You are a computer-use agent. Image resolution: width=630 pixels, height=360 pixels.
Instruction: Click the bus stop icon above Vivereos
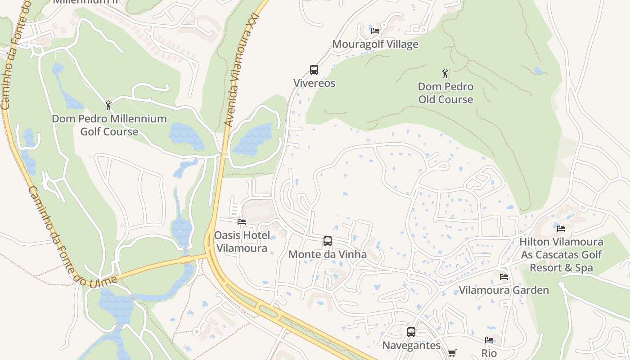pos(314,70)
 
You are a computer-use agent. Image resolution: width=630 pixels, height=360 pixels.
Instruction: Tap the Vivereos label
pos(314,83)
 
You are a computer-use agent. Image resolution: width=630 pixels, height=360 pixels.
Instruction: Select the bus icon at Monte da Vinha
pos(328,241)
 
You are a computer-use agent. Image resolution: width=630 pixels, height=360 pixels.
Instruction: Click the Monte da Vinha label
pos(327,255)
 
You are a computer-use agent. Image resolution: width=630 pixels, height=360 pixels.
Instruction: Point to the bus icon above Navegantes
pos(411,332)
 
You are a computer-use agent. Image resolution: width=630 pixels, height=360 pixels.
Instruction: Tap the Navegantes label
pos(411,346)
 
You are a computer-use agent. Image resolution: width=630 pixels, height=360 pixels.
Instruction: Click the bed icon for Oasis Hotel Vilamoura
pos(242,222)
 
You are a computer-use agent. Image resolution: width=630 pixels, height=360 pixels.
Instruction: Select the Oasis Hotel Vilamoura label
pos(242,242)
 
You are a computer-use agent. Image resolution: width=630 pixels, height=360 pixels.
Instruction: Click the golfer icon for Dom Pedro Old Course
pos(445,73)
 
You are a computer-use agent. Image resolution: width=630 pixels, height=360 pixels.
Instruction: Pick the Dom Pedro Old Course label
pos(445,93)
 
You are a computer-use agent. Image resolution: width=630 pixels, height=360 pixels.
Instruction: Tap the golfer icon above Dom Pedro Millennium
pos(108,105)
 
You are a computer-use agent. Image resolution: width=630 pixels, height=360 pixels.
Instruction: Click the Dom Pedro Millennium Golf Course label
pos(109,125)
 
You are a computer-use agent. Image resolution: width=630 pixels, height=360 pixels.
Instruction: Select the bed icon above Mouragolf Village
pos(375,31)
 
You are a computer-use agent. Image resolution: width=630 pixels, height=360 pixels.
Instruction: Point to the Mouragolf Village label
pos(375,45)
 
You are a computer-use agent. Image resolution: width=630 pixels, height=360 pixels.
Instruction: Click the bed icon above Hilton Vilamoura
pos(561,228)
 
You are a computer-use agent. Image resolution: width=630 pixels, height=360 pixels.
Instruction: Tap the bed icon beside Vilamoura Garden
pos(504,276)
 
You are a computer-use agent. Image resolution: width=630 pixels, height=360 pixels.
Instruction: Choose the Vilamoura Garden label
pos(504,290)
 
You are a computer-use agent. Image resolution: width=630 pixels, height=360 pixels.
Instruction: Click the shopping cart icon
pos(452,353)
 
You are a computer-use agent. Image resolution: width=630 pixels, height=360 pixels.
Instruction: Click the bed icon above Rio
pos(489,340)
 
